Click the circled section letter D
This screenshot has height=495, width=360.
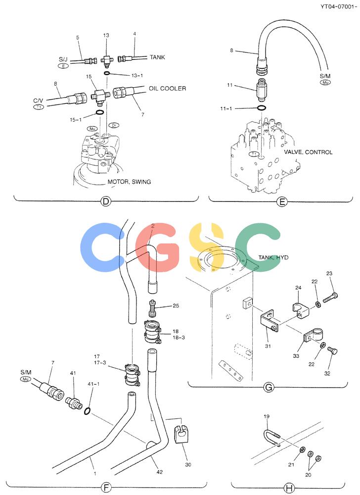pyautogui.click(x=106, y=201)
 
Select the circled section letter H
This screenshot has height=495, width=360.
pyautogui.click(x=289, y=488)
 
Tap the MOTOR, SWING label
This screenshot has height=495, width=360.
pyautogui.click(x=129, y=182)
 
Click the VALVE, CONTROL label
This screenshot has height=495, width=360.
pyautogui.click(x=308, y=152)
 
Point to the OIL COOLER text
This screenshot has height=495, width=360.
pyautogui.click(x=168, y=89)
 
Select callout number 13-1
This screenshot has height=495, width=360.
pyautogui.click(x=137, y=75)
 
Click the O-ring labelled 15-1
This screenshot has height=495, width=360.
pyautogui.click(x=99, y=113)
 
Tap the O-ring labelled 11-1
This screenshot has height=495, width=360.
pyautogui.click(x=261, y=108)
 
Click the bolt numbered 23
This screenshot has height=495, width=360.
pyautogui.click(x=330, y=297)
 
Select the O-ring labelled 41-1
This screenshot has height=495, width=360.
pyautogui.click(x=88, y=411)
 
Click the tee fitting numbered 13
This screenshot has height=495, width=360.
pyautogui.click(x=106, y=60)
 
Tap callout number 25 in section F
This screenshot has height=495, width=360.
pyautogui.click(x=176, y=305)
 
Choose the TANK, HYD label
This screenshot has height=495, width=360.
pyautogui.click(x=273, y=257)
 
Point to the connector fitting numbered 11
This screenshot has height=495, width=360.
pyautogui.click(x=261, y=90)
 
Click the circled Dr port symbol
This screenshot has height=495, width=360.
pyautogui.click(x=114, y=125)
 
